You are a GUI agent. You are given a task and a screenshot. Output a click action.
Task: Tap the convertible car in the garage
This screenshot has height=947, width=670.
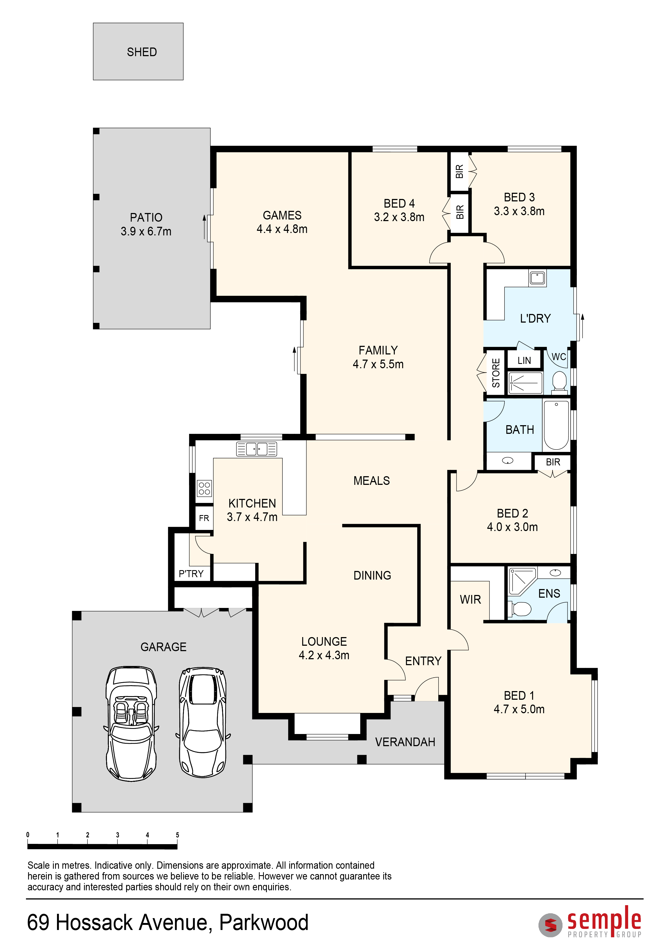point(131,723)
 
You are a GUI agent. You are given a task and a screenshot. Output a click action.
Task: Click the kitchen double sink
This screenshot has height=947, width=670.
point(256,449)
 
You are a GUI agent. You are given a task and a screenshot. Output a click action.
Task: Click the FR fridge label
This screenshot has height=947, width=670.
point(204,518)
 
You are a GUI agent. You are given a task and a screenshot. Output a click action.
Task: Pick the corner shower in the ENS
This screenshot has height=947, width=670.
point(522,581)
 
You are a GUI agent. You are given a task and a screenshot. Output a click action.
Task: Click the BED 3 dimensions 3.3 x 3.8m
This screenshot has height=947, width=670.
point(519,211)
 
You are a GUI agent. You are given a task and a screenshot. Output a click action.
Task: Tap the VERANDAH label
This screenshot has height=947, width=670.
point(405,742)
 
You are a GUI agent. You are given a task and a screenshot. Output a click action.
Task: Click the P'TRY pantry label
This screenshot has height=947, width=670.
point(191,574)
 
